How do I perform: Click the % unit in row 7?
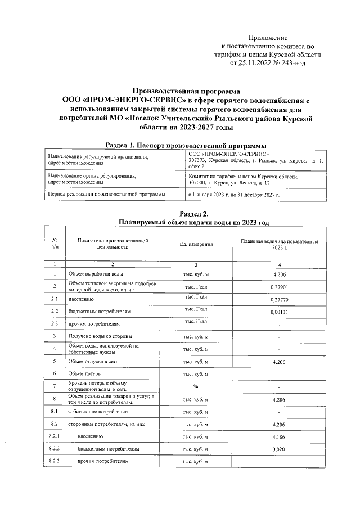tap(196, 386)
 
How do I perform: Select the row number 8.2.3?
tap(55, 461)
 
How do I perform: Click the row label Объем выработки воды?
tap(92, 274)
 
